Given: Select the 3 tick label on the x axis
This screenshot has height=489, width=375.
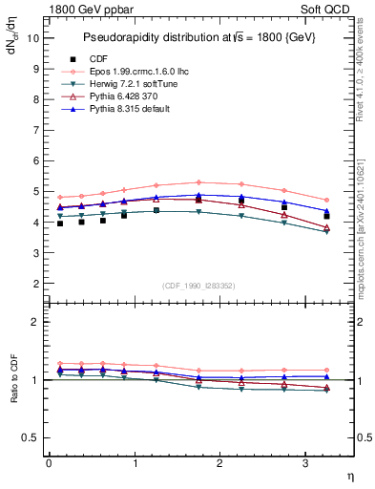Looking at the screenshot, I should click(x=306, y=463).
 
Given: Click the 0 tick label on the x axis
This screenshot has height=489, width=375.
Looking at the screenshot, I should click(x=49, y=463).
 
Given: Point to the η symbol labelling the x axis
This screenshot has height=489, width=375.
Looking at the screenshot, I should click(x=349, y=476).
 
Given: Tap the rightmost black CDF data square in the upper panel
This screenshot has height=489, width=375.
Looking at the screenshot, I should click(x=326, y=216).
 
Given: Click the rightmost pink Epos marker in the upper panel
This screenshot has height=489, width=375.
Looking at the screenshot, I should click(x=326, y=200).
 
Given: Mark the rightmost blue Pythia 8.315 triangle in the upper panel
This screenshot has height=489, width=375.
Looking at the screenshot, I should click(x=326, y=210).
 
